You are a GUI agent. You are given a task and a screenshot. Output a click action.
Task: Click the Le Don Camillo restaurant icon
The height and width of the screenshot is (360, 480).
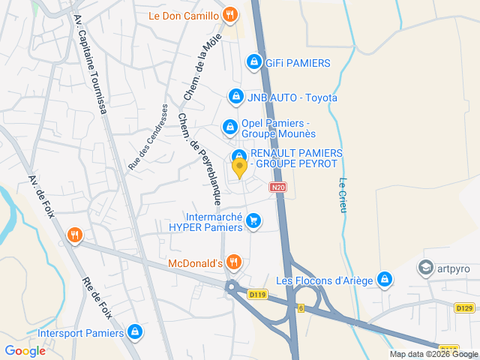231,14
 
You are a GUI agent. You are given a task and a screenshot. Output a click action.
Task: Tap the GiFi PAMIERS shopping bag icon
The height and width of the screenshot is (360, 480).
254,62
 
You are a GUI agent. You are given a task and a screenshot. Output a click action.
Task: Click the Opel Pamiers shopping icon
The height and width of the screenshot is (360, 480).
229,128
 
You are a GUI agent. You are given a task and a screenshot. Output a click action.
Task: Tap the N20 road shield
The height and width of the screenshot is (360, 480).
278,188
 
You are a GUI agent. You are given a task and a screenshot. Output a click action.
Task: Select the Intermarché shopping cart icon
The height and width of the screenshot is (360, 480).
253,221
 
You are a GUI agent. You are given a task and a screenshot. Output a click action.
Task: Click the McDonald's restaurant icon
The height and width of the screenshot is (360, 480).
234,262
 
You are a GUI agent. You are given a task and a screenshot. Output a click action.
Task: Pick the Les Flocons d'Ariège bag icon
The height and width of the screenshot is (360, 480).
385,280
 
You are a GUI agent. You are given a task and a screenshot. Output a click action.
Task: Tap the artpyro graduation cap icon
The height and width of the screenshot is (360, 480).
425,267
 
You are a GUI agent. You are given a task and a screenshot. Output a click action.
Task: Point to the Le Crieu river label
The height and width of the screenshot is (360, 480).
343,194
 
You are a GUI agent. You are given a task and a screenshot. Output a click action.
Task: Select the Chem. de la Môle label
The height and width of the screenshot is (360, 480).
195,70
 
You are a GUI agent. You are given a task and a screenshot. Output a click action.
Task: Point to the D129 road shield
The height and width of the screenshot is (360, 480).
465,307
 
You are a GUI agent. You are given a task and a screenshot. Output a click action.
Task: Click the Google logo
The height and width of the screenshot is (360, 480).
25,350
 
